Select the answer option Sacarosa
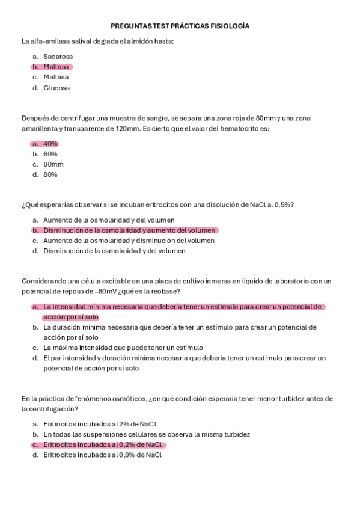click(58, 57)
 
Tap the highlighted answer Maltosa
click(56, 67)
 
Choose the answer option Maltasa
click(56, 77)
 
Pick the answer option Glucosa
click(56, 88)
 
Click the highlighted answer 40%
click(50, 144)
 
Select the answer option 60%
click(50, 154)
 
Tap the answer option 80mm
click(53, 164)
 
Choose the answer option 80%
click(50, 174)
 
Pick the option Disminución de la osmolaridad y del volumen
click(114, 251)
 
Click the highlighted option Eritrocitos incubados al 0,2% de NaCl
click(102, 444)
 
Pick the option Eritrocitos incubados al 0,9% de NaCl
click(102, 455)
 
